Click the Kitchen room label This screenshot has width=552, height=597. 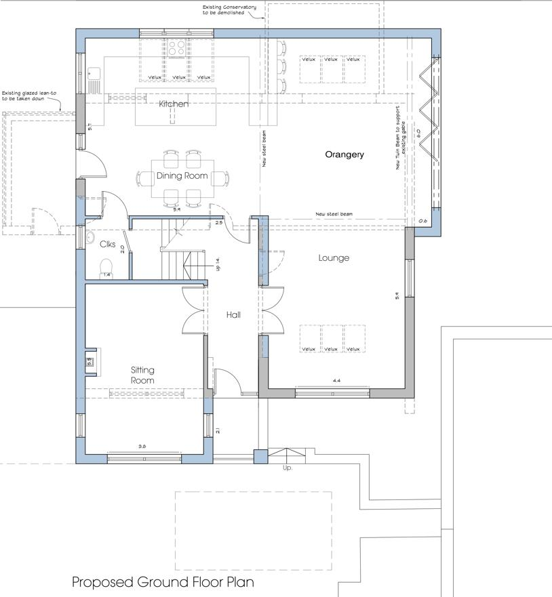click(x=174, y=104)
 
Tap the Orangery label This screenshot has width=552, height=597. click(x=344, y=155)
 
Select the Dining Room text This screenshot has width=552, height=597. click(x=182, y=176)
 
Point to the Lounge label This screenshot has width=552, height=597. click(x=334, y=258)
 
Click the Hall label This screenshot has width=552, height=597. click(x=233, y=314)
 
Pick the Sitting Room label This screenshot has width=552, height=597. click(x=143, y=375)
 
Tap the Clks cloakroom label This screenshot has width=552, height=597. click(x=108, y=244)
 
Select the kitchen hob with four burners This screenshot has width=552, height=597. click(x=178, y=48)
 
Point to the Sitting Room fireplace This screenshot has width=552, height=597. click(x=90, y=361)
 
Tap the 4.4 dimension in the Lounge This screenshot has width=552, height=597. click(x=336, y=382)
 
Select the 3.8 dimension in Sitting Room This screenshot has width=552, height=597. click(x=142, y=447)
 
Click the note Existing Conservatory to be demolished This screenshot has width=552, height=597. click(x=229, y=10)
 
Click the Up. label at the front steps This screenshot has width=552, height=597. click(x=288, y=468)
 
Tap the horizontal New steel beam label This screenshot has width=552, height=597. click(x=334, y=214)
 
